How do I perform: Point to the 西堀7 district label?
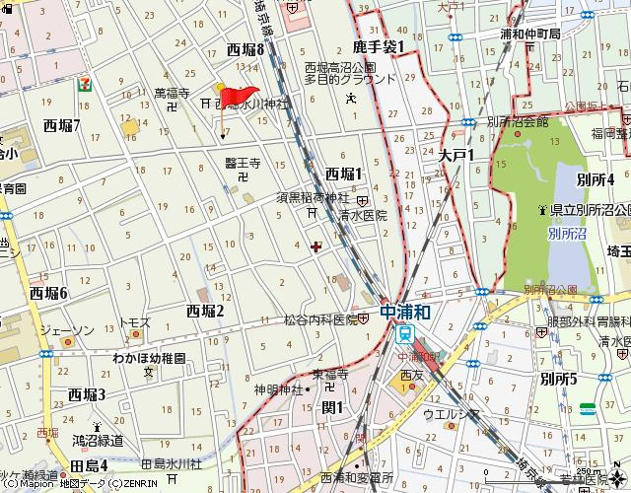[x=63, y=125]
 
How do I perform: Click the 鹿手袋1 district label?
[x=379, y=45]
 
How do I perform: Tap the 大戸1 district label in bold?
[x=457, y=155]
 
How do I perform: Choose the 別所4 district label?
[x=596, y=178]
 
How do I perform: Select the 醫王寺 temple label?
[x=242, y=163]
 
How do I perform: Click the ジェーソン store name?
[x=75, y=328]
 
